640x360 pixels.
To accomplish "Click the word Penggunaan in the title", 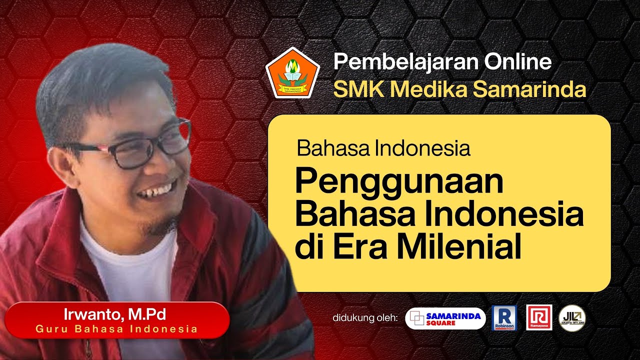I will coord(399,183).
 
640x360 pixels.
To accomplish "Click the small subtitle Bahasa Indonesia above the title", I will coord(383,148).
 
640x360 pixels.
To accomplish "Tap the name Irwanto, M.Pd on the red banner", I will coord(114,315).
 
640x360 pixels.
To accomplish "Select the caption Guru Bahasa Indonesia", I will coord(116,329).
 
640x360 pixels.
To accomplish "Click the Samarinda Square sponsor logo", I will coord(445,318).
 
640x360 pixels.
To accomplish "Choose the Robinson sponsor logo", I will coord(504,318).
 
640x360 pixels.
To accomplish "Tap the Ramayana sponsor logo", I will coord(539,317).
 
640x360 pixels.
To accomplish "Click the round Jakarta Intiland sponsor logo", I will coord(572,318).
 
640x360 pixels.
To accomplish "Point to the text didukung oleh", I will coord(364,318).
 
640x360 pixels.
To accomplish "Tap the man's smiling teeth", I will coord(155,191).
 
